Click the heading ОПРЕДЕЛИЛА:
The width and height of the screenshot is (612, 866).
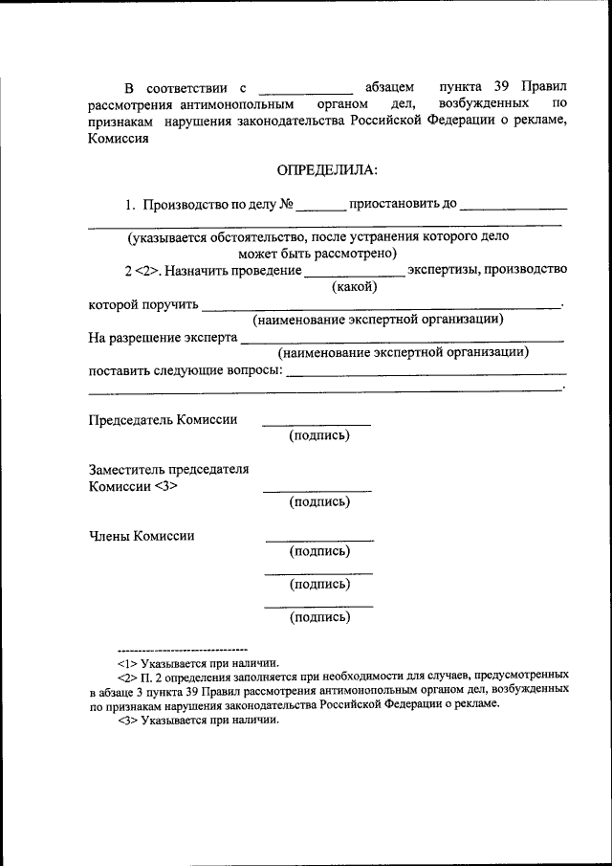pos(327,169)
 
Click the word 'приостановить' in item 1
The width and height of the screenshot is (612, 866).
pos(402,204)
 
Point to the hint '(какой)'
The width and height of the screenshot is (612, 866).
pos(355,285)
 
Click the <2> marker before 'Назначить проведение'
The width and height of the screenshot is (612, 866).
pos(146,270)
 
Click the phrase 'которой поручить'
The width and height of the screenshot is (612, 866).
pos(143,305)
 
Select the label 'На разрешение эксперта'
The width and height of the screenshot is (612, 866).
pos(162,338)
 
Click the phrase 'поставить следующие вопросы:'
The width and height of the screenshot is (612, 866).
pos(186,370)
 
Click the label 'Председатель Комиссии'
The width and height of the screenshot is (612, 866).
pos(163,419)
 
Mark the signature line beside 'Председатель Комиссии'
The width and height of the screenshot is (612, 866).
pos(317,424)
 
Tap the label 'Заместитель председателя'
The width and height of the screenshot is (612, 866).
pos(168,469)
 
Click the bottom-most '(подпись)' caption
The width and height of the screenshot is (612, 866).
pos(319,617)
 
